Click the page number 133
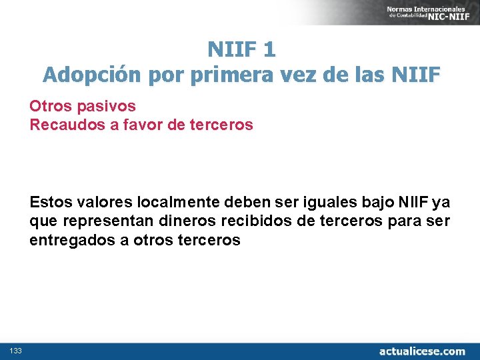click(15, 351)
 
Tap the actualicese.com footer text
click(422, 351)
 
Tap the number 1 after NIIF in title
click(269, 49)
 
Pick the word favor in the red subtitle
click(137, 125)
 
